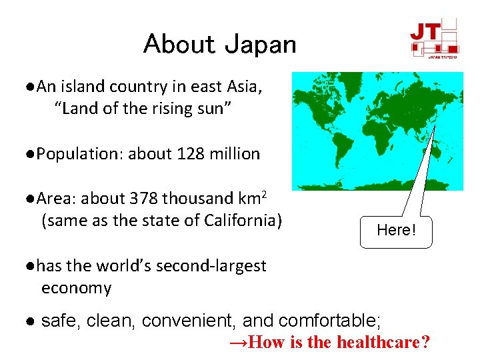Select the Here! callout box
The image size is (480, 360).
396,231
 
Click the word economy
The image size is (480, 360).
76,288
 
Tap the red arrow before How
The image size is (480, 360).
238,343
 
